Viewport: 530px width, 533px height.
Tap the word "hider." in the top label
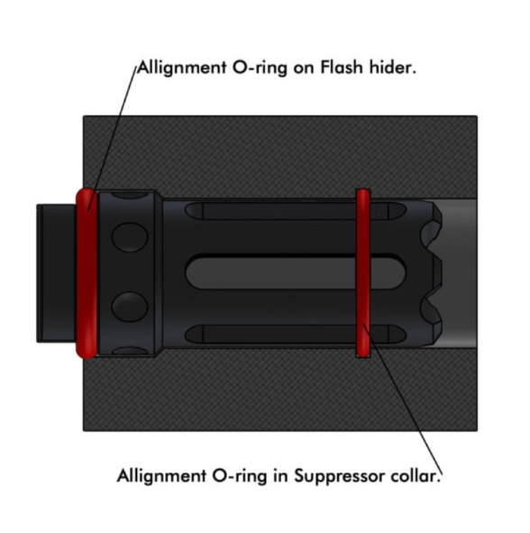(393, 67)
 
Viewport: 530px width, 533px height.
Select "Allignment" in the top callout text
(182, 69)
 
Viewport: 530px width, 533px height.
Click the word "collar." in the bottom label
(416, 475)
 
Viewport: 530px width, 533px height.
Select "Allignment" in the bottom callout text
(161, 476)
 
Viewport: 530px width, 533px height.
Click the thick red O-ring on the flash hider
(87, 273)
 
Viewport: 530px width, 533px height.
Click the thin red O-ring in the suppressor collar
(363, 273)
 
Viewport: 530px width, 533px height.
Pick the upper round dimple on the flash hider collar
(130, 237)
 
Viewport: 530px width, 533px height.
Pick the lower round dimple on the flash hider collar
(130, 306)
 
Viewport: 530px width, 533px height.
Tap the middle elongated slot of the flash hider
(296, 273)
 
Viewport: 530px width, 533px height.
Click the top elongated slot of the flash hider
(296, 211)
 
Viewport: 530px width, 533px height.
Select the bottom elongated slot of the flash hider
(296, 335)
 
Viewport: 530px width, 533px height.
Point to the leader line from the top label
(112, 137)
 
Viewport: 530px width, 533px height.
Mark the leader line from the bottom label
(403, 399)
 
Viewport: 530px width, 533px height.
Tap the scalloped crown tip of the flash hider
(432, 273)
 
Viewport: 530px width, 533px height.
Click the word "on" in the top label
(304, 69)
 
